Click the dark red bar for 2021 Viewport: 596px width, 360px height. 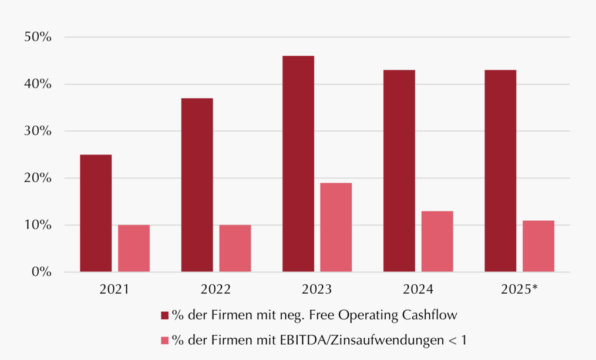pos(96,213)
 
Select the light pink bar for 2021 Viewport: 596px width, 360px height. pos(134,248)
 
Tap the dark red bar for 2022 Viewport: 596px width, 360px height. pos(197,185)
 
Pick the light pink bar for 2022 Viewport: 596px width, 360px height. pos(235,248)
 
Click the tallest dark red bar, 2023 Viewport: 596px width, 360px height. pos(298,164)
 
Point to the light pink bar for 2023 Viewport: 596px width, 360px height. pos(336,227)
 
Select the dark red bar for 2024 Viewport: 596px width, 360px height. pos(399,171)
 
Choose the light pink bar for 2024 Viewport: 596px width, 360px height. pos(437,241)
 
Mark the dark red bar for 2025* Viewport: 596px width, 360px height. pos(501,171)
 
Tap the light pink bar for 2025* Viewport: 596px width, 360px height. pos(538,246)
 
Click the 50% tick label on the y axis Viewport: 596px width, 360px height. pos(38,37)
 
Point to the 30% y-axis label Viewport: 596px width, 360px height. pos(38,131)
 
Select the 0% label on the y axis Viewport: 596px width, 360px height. pos(42,272)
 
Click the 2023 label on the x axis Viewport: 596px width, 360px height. pos(316,290)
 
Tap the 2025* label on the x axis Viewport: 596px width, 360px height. pos(519,290)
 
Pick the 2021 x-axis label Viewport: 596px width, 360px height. pos(115,290)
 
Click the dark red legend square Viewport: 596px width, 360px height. pos(164,315)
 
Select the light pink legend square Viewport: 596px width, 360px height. pos(164,340)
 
